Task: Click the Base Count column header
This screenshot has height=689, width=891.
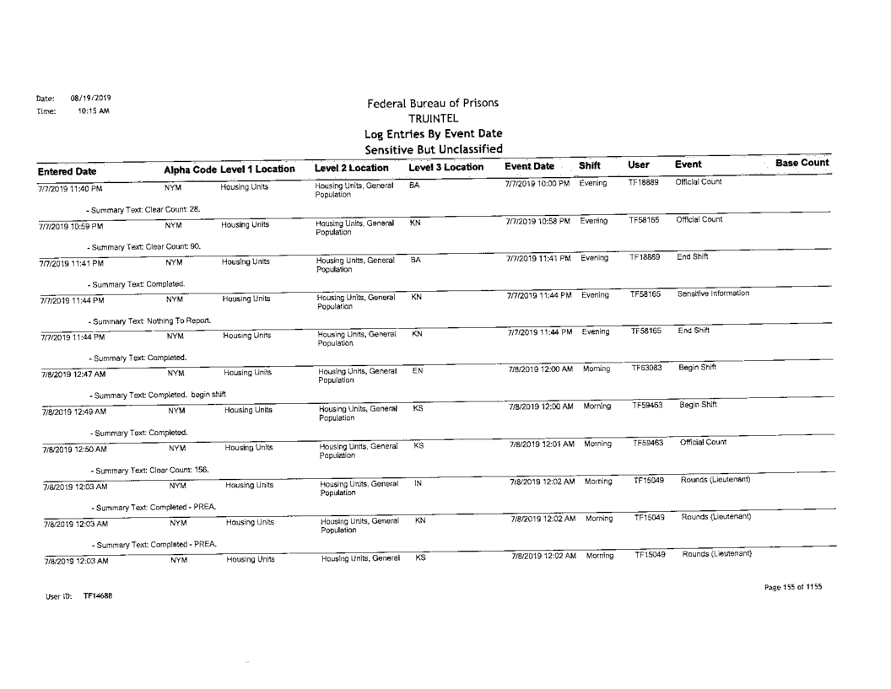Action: (801, 163)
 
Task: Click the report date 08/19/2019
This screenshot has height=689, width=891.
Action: (87, 98)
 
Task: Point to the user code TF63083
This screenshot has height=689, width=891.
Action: (645, 368)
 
